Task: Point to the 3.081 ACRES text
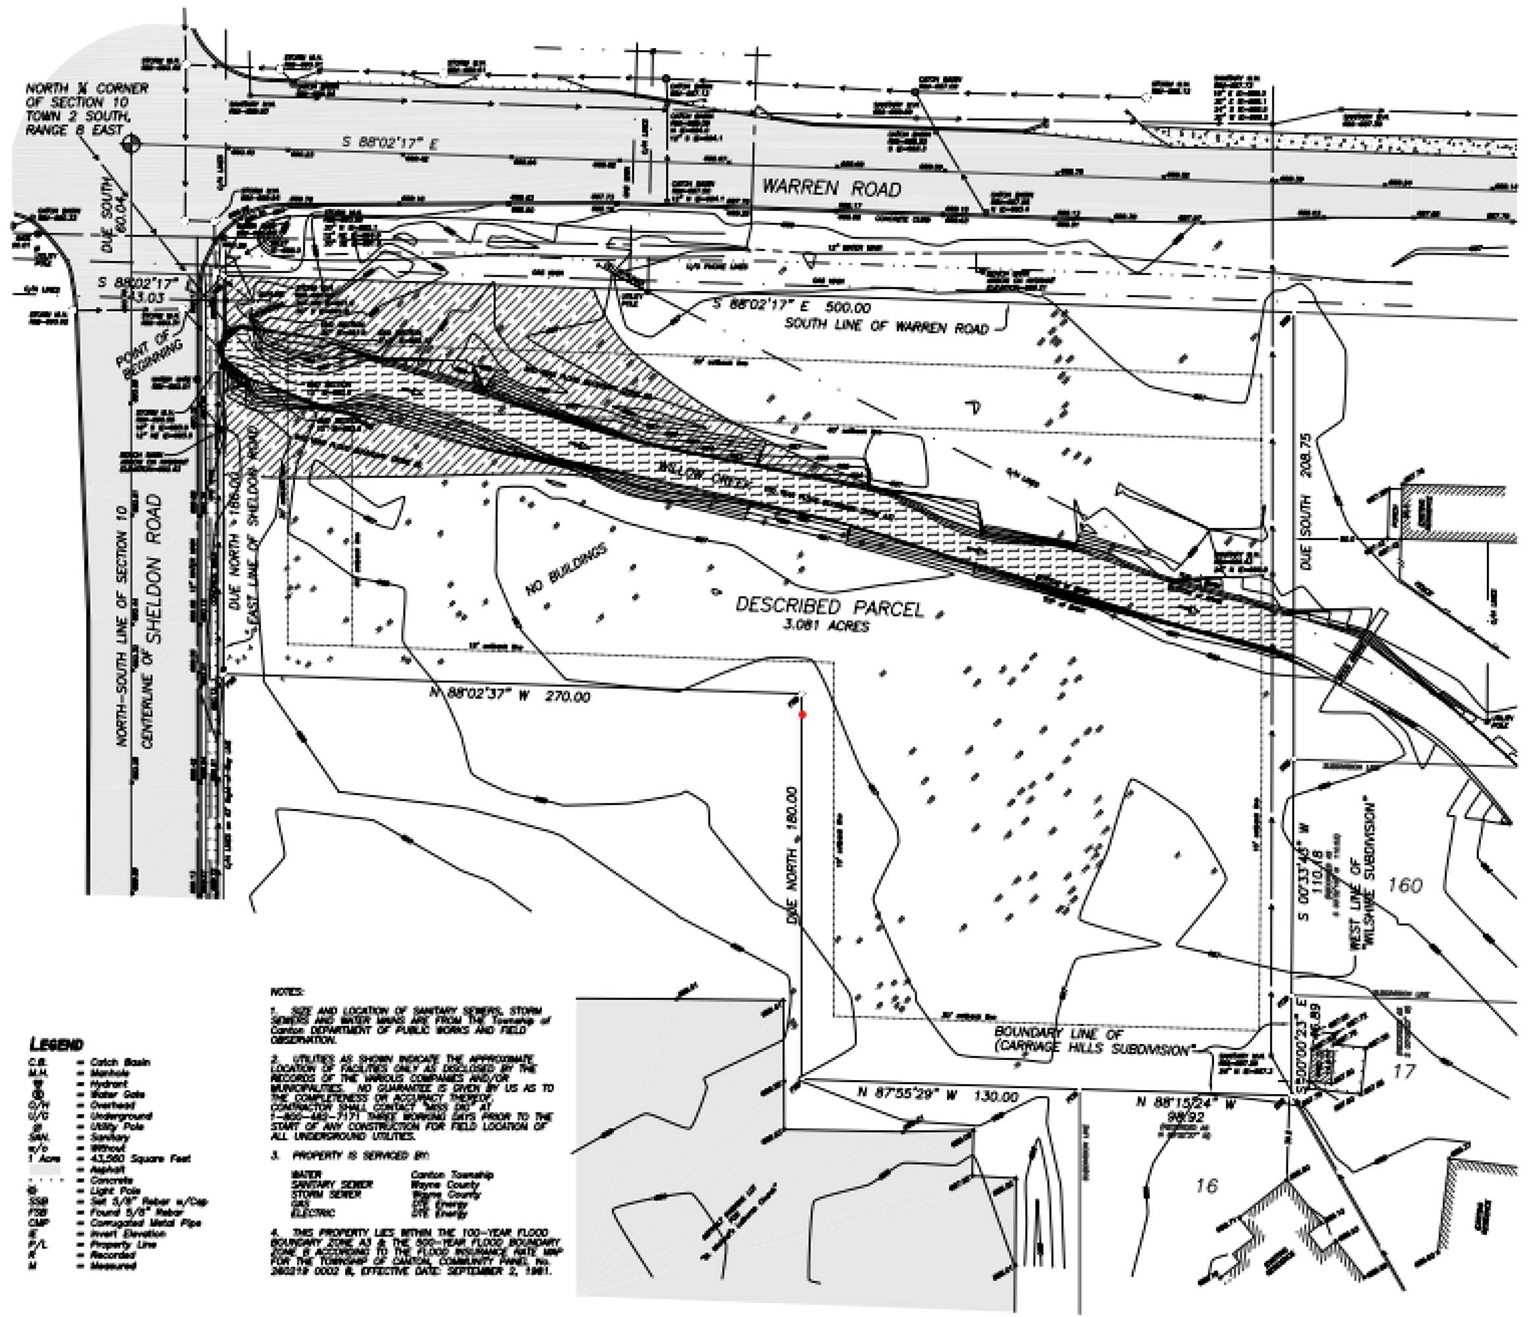(827, 626)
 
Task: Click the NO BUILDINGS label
(566, 568)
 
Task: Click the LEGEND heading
(57, 1044)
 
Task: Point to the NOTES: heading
(287, 991)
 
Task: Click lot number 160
(1404, 884)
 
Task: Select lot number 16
(1206, 1185)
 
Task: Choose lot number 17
(1403, 1071)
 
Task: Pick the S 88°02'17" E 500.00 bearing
(791, 306)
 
